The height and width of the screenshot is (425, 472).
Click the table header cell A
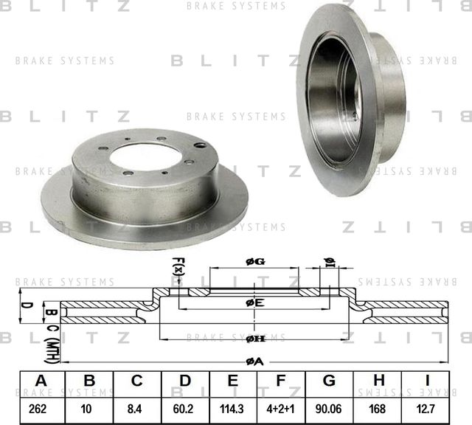tap(41, 381)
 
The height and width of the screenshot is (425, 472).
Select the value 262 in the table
tap(41, 407)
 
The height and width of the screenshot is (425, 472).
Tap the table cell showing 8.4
tap(137, 407)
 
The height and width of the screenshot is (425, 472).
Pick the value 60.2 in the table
tap(185, 407)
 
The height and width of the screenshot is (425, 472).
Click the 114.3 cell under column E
tap(233, 407)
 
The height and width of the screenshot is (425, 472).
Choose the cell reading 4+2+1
tap(281, 407)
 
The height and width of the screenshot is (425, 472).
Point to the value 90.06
tap(329, 407)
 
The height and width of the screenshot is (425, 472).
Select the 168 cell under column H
tap(378, 407)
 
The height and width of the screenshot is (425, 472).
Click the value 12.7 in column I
tap(426, 407)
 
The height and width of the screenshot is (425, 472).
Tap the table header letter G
tap(329, 381)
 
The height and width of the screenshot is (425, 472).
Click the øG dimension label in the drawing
tap(254, 263)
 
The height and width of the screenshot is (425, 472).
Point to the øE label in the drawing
tap(254, 303)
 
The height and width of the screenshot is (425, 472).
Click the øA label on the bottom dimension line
tap(254, 361)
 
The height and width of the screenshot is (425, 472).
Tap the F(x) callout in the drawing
tap(178, 266)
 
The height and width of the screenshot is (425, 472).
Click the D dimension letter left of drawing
tap(24, 304)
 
